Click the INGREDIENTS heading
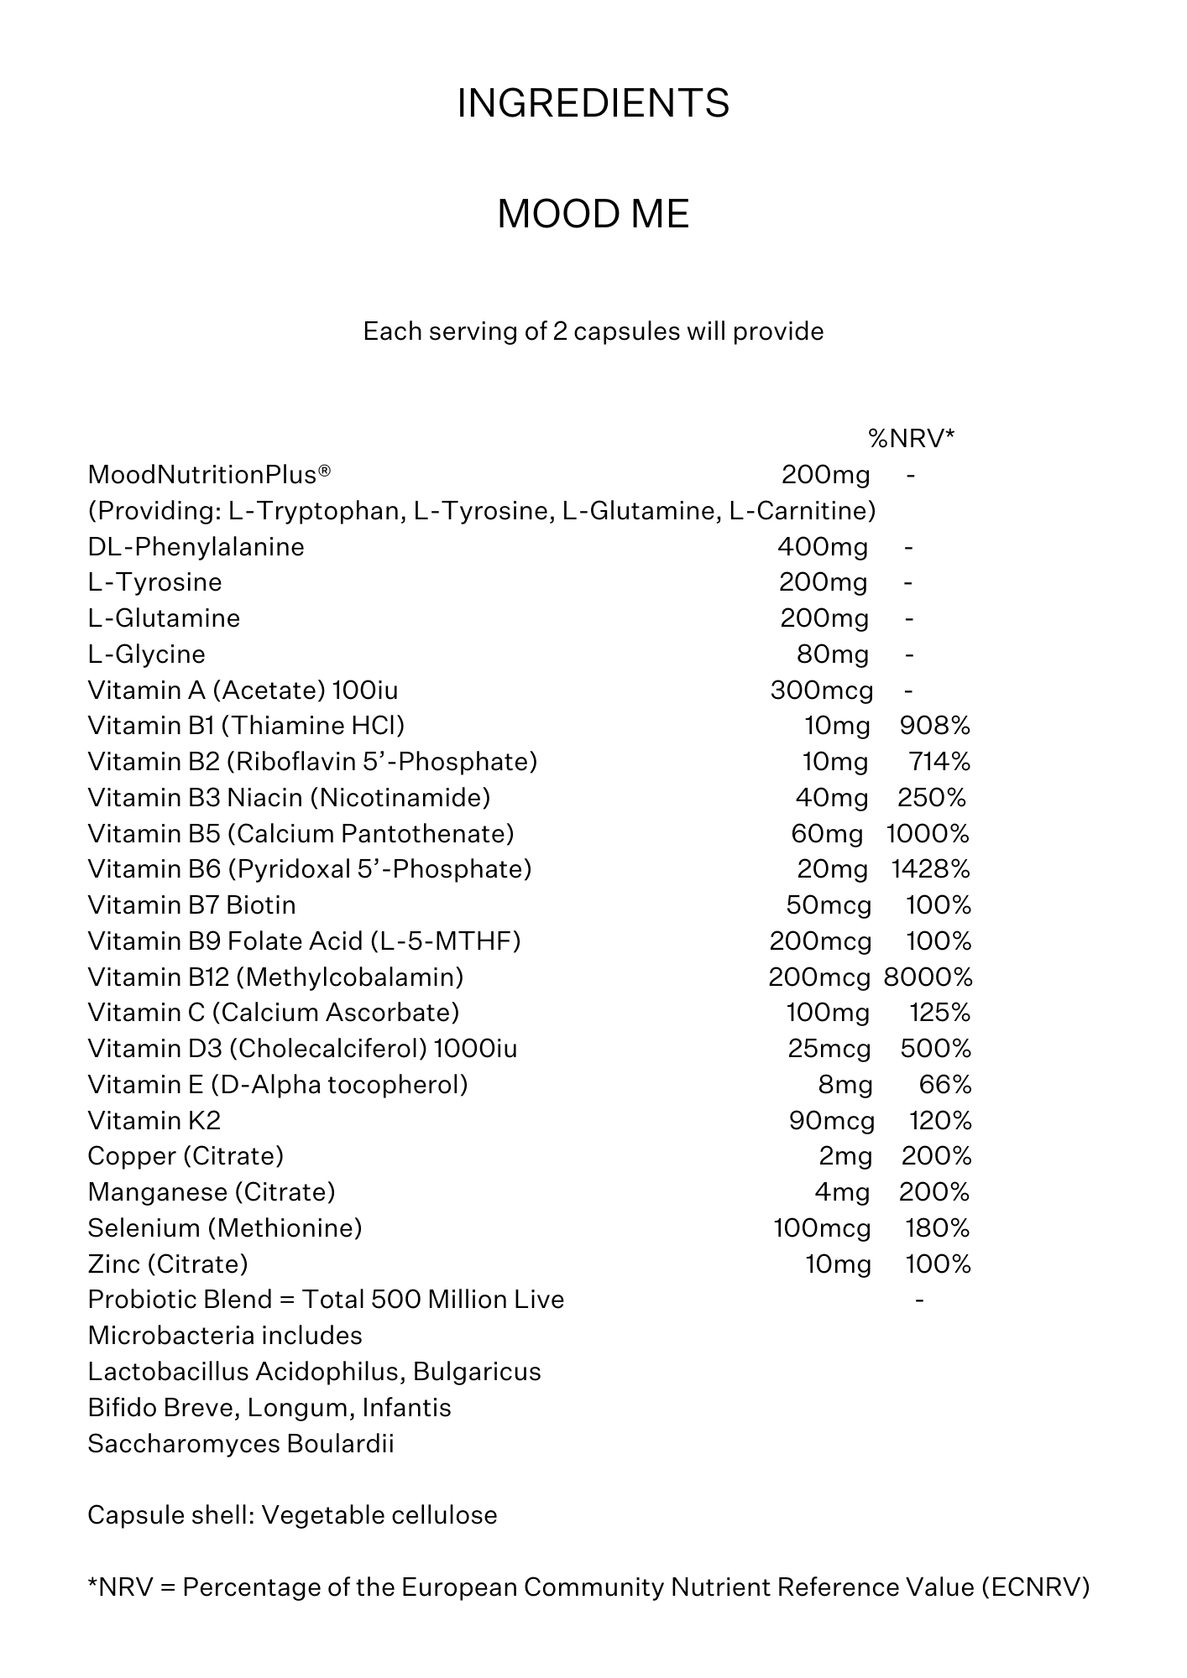point(593,103)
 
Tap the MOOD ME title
point(593,214)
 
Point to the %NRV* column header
point(911,438)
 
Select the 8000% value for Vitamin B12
point(928,977)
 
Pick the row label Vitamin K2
point(154,1121)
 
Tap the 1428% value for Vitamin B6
point(930,869)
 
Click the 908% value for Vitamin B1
point(934,726)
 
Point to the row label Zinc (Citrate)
point(168,1264)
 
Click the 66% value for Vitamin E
point(944,1085)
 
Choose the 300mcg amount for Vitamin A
point(821,690)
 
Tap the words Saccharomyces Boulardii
point(241,1444)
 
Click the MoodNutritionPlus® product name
point(209,475)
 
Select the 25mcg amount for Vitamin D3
point(829,1049)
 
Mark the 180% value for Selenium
point(937,1228)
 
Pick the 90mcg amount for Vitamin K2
point(831,1121)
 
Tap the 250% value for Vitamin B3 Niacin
point(931,798)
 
